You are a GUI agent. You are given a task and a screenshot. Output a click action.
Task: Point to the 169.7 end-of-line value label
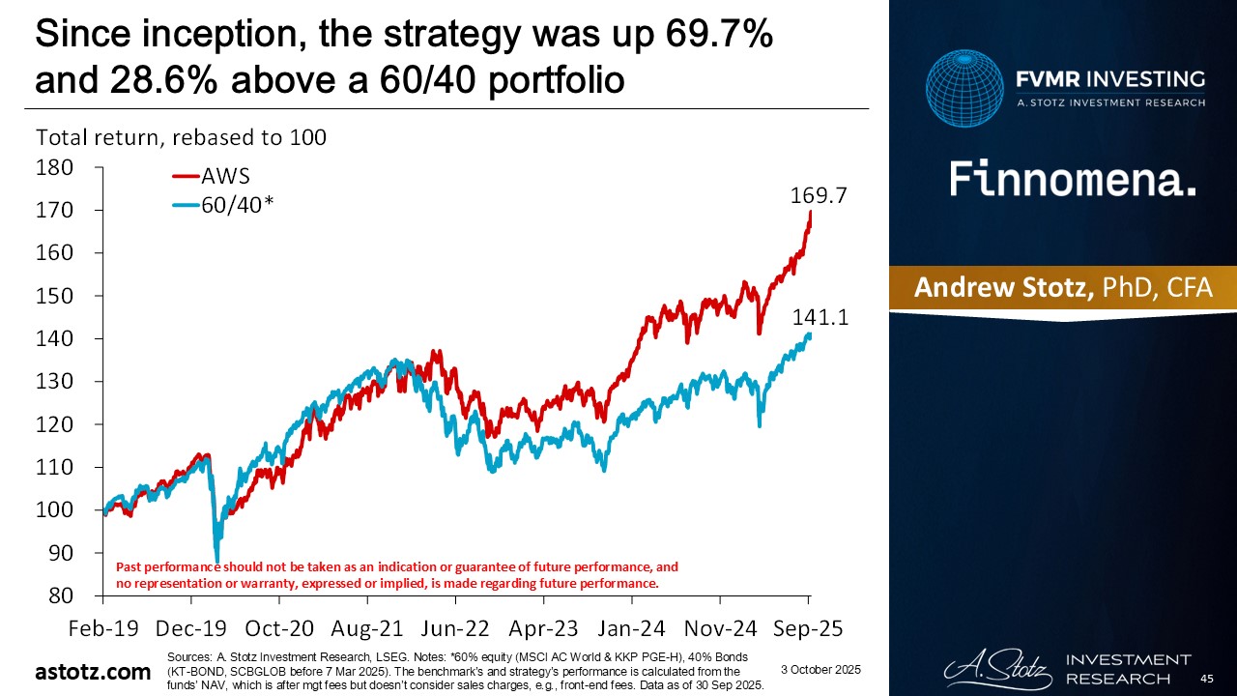[x=820, y=195]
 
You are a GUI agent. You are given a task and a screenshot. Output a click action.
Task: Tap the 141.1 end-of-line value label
[x=820, y=316]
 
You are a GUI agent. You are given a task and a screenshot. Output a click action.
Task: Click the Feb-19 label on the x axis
[x=103, y=627]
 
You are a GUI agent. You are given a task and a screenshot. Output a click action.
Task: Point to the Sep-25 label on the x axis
[x=809, y=627]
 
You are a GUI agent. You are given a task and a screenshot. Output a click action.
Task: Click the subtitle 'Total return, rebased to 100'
[x=181, y=137]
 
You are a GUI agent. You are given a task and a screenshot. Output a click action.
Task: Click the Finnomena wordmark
[x=1072, y=180]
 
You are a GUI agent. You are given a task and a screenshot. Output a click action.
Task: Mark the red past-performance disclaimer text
[x=396, y=575]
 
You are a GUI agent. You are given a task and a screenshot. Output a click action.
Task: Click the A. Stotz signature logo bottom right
[x=993, y=668]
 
